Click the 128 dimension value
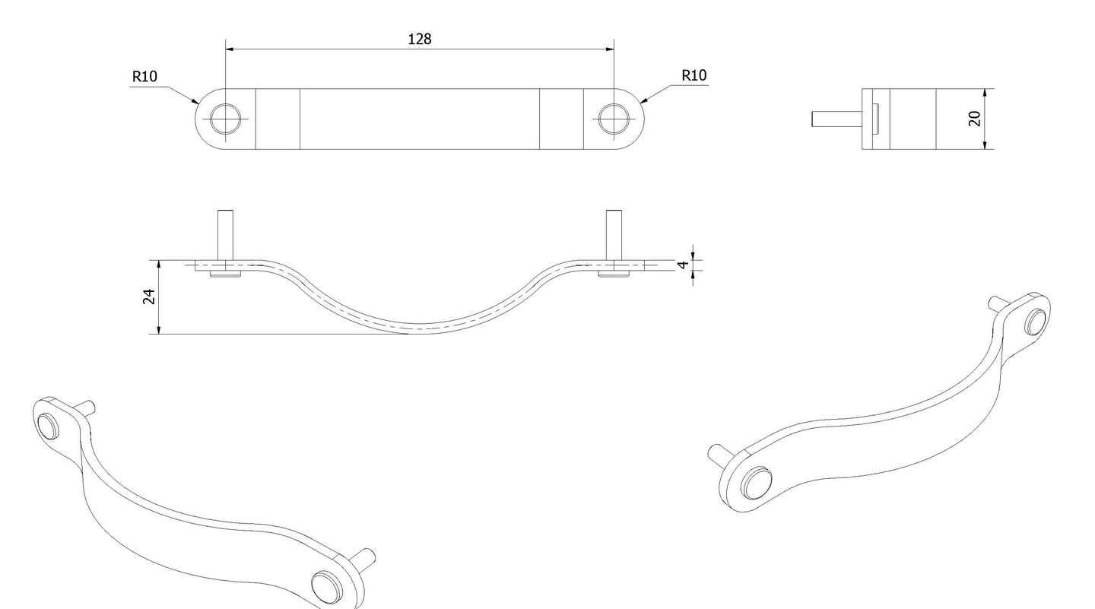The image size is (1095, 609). pos(419,39)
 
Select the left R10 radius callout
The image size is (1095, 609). pos(144,76)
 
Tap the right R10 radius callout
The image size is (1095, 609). pos(693,75)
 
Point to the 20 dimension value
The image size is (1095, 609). pos(975,119)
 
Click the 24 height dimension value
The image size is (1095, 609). pos(149,297)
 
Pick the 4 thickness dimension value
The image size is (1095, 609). pos(683,265)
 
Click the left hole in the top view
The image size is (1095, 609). pos(226,119)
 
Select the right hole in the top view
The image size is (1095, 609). pos(614,119)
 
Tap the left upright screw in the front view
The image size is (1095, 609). pos(225,235)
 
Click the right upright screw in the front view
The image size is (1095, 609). pos(613,235)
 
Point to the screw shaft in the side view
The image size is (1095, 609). pos(836,119)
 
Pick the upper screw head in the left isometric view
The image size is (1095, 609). pos(48,427)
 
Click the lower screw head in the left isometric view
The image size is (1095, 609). pos(325,586)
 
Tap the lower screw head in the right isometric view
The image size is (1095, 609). pos(756,484)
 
